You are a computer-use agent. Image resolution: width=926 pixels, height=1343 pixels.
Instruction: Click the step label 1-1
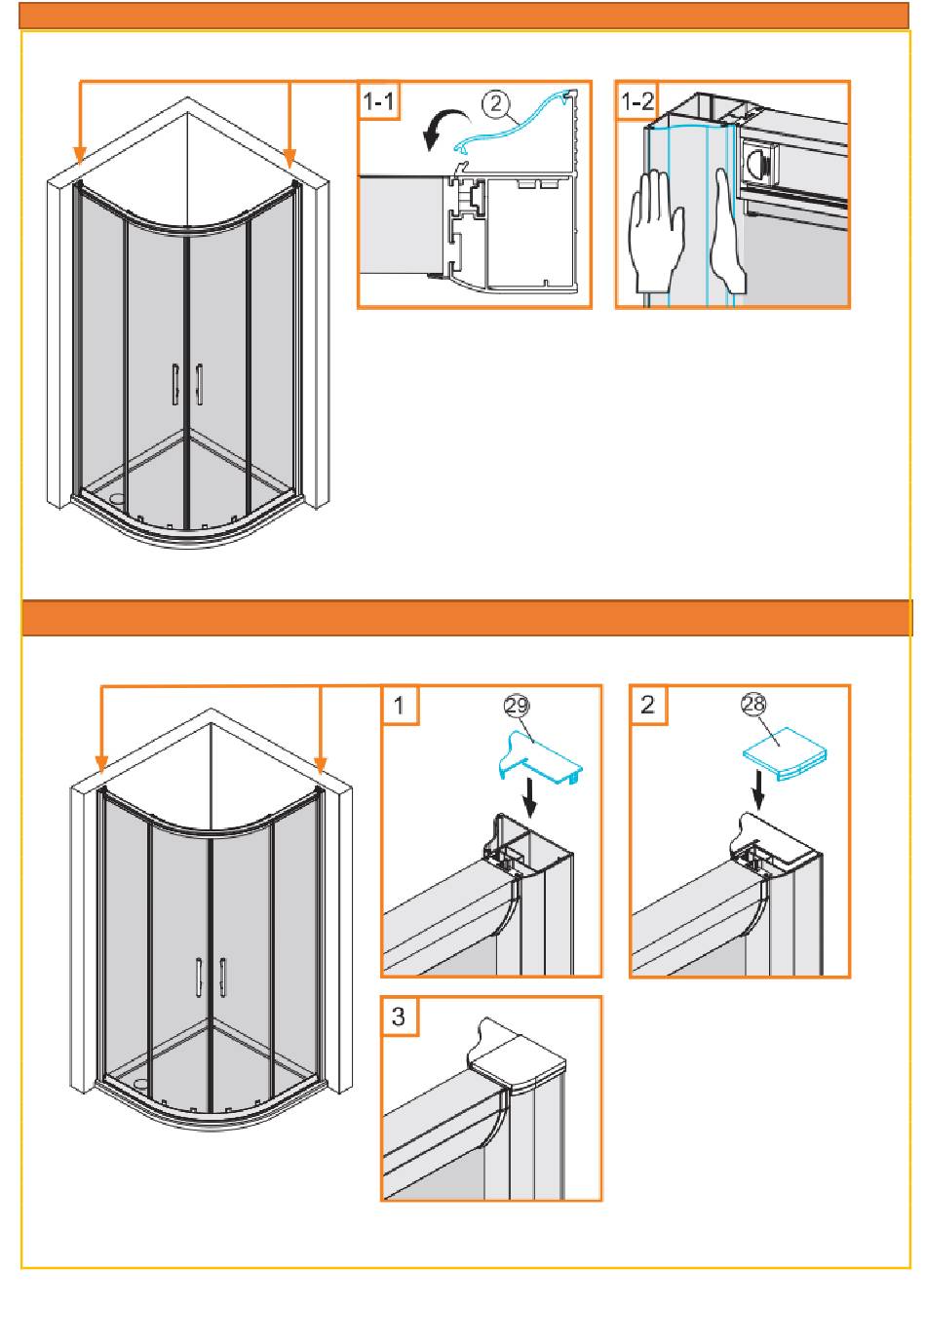(x=378, y=100)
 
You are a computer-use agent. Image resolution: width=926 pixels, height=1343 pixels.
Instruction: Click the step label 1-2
(x=637, y=100)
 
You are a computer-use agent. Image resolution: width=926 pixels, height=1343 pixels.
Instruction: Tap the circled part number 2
(x=497, y=103)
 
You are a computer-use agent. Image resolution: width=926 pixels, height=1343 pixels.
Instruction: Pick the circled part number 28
(x=753, y=705)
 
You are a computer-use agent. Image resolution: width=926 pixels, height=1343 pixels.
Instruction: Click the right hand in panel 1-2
(x=728, y=230)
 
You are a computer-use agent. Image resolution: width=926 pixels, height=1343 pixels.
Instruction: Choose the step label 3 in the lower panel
(x=399, y=1017)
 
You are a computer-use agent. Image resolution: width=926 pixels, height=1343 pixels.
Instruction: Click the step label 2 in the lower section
(x=648, y=705)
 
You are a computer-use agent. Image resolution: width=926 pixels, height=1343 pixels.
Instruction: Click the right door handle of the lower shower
(x=223, y=978)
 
